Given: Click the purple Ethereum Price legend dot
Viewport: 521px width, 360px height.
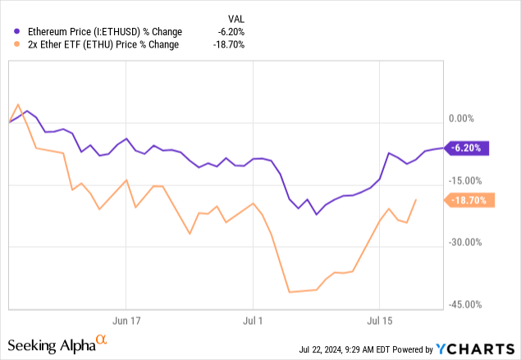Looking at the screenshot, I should pyautogui.click(x=17, y=32).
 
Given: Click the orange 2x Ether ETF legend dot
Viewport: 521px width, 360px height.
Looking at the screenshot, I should pyautogui.click(x=17, y=44).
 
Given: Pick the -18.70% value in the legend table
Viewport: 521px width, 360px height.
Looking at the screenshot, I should pyautogui.click(x=226, y=44).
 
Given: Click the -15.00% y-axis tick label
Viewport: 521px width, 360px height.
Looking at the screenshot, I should pyautogui.click(x=466, y=181).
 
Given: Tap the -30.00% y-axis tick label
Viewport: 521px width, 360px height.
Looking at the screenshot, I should pyautogui.click(x=466, y=243).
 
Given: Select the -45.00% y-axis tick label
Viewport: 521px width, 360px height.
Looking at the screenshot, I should pyautogui.click(x=466, y=304).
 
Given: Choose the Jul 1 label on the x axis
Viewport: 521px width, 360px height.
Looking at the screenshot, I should pyautogui.click(x=254, y=320).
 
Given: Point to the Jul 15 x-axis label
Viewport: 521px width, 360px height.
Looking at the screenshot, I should pyautogui.click(x=379, y=320).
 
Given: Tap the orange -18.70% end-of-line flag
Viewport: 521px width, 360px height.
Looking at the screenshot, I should pyautogui.click(x=468, y=199).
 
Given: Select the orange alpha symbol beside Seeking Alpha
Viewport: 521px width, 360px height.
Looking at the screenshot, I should pyautogui.click(x=102, y=339).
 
